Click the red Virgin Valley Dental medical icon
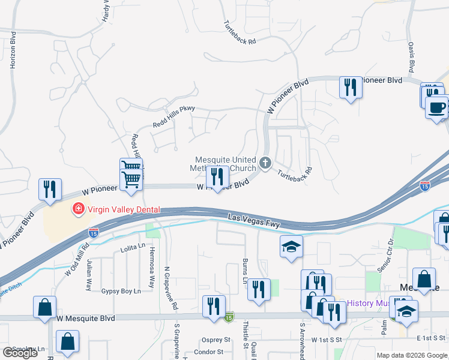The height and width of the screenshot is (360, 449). point(77,209)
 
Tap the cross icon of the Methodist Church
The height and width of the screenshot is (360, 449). point(265,162)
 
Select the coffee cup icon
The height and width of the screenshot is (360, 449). point(436,107)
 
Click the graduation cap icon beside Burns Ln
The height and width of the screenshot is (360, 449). point(291,247)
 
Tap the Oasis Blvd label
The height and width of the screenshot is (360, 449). point(412,55)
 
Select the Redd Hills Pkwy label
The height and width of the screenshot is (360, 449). point(174,116)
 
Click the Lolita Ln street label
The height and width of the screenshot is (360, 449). point(133,247)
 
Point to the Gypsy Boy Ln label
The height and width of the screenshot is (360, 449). point(121,291)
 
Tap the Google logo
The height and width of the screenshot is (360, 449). point(20,353)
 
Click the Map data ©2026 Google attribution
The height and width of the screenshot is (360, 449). point(412,355)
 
